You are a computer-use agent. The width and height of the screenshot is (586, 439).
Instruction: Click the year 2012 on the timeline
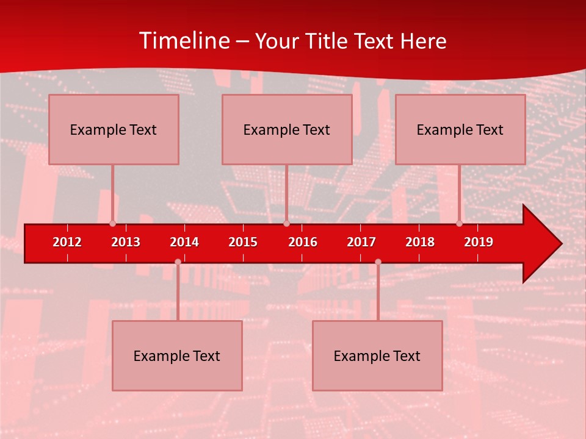67,242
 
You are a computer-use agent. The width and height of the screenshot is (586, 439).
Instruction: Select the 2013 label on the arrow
126,242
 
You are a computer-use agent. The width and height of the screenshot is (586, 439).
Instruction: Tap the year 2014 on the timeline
184,242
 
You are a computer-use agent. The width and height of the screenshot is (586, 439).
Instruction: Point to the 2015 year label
243,242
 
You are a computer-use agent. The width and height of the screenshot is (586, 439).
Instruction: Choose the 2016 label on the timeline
303,242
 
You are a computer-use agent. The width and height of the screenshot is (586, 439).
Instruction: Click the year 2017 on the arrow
361,242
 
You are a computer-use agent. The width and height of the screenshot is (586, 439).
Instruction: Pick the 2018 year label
420,242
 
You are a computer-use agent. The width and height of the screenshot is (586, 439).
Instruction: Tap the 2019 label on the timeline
479,242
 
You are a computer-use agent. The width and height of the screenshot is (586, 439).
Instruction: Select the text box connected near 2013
114,129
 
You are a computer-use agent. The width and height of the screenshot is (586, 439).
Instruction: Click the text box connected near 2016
287,129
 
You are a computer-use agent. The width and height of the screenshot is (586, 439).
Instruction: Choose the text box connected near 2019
460,129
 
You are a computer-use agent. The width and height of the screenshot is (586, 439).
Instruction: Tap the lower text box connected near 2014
177,355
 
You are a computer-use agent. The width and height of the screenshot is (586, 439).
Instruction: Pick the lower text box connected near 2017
377,355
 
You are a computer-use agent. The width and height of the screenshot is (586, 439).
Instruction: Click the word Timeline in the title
183,41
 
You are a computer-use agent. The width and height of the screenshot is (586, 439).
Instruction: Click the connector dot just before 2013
112,223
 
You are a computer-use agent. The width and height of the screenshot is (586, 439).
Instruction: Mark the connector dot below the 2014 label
178,262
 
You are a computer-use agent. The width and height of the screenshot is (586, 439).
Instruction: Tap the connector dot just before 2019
460,223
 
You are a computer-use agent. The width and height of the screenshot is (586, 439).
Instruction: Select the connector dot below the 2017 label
378,262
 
